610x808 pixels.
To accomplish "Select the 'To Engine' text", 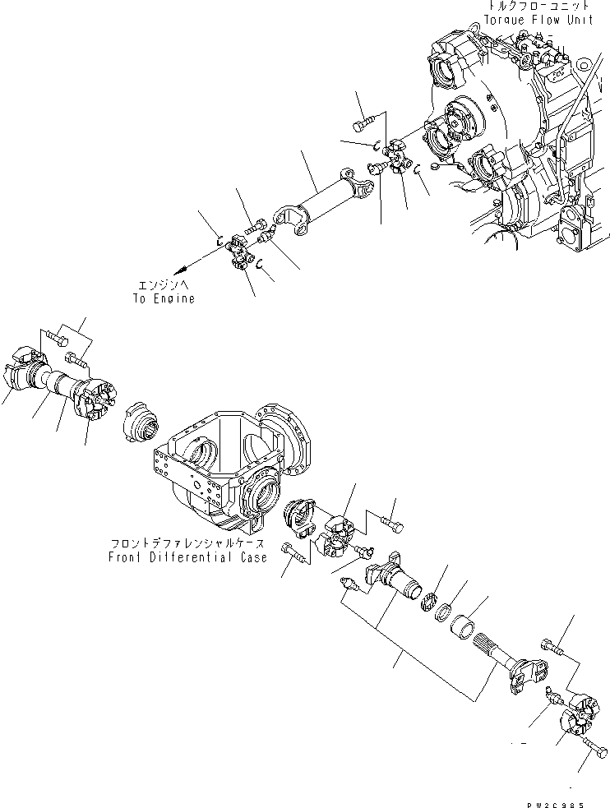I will coord(164,299).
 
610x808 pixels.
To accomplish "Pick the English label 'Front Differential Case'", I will coord(187,557).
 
